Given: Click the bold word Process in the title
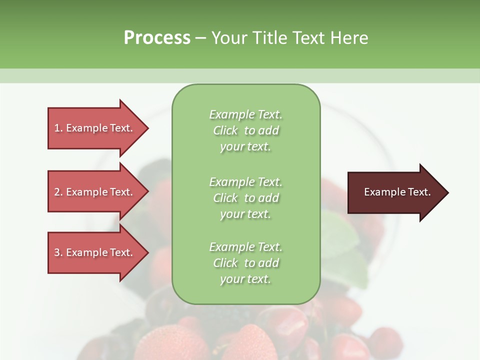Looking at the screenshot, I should coord(157,37).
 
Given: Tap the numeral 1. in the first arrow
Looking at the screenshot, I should coord(58,128).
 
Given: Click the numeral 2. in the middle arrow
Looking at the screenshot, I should coord(58,192).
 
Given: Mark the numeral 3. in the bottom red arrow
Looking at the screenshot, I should coord(58,252).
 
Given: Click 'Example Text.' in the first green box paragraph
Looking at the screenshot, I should coord(245,114).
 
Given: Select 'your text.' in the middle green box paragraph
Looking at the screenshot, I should coord(245,214).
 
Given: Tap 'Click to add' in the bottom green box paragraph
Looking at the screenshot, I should coord(245,263).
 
